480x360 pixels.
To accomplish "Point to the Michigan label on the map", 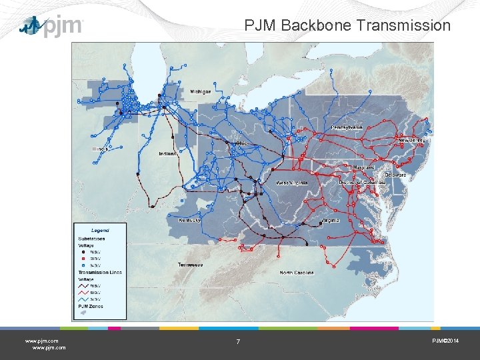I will tap(201, 91).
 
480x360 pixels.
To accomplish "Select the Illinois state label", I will tap(101, 149).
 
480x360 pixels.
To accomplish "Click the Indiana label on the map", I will tap(167, 153).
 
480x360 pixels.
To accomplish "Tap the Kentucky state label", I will tap(190, 220).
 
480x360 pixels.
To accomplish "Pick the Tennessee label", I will tap(191, 265).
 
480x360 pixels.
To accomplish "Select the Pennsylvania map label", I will tap(347, 127).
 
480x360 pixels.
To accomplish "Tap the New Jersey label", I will tap(411, 141).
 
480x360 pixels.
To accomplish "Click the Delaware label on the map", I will tap(395, 175).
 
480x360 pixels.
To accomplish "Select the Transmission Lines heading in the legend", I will tap(100, 273).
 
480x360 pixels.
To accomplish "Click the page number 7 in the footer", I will tap(238, 342).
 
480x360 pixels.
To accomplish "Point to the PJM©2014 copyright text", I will tap(445, 341).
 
